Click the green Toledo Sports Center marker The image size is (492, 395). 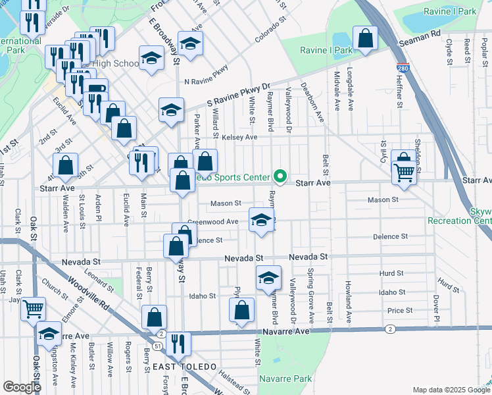[280, 176]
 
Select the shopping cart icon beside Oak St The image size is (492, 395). [33, 308]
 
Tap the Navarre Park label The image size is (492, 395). [285, 379]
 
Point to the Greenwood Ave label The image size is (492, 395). [213, 222]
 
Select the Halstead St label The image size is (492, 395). [234, 382]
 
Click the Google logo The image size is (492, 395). [22, 387]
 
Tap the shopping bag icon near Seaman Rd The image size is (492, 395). [364, 39]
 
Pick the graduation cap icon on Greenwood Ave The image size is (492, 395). [261, 220]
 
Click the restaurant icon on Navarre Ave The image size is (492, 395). [178, 344]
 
